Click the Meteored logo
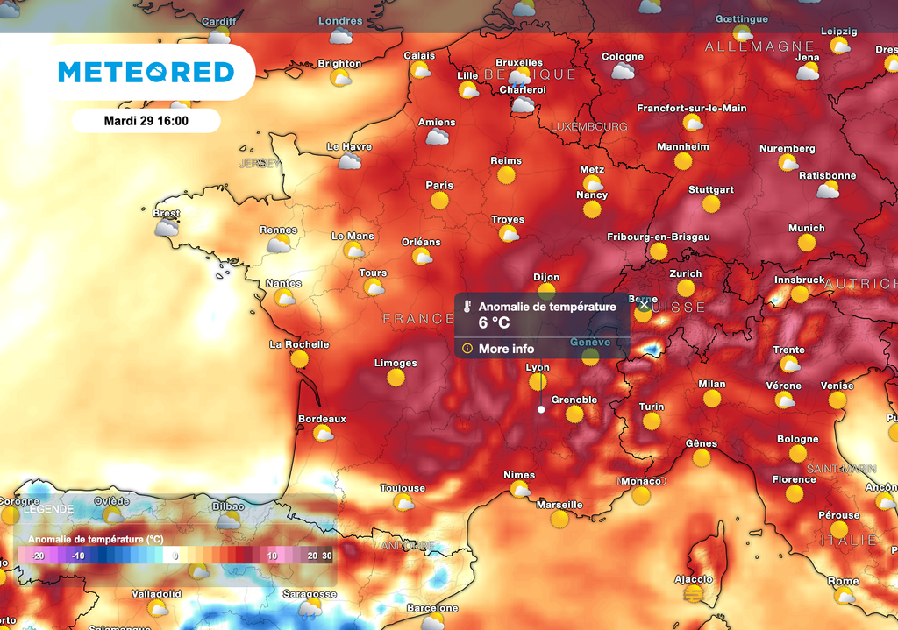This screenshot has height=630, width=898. pos(146,72)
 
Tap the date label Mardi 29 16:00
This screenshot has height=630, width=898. pos(146,121)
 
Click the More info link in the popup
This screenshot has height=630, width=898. pos(506,349)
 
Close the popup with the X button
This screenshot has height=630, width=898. pos(645,306)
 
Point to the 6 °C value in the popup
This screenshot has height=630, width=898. pos(494,322)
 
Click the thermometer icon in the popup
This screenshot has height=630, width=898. pos(469,308)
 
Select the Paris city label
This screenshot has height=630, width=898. pos(439,185)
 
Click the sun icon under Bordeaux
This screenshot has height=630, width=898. pos(323,433)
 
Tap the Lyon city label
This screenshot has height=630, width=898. pos(538,368)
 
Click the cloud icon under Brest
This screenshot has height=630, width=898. pos(166,228)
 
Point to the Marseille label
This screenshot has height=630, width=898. pos(559,505)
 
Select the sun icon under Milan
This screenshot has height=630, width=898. pos(711,399)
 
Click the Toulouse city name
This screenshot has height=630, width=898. pos(403,488)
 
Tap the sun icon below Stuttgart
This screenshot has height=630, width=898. pos(710,204)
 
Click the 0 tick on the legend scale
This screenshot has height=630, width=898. pos(175,556)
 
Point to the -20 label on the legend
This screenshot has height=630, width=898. pos(38,556)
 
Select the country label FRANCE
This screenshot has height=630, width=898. pos(418,319)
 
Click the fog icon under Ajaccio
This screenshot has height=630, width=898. pos(694,594)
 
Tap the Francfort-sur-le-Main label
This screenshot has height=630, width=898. pos(692,108)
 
